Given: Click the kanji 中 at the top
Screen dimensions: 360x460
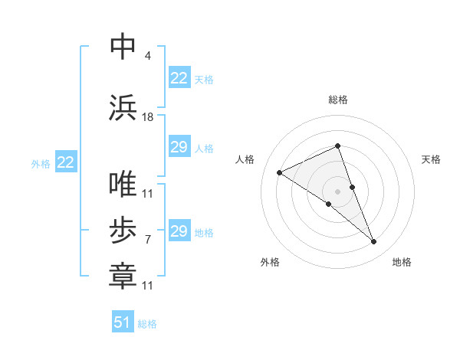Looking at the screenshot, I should (x=123, y=47).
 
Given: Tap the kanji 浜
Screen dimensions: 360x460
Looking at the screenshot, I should (x=123, y=107).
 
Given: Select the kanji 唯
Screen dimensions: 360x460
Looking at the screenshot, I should (x=123, y=185).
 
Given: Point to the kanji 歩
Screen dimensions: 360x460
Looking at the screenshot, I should (x=123, y=231).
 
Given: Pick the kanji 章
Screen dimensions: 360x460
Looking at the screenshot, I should (x=123, y=277).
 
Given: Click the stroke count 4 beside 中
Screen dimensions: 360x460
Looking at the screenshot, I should (x=147, y=56).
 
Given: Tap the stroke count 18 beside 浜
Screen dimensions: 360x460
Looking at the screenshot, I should (x=148, y=116).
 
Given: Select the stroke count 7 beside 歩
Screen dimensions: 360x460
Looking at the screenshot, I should (x=147, y=240).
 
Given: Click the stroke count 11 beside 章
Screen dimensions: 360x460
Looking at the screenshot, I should (x=148, y=286).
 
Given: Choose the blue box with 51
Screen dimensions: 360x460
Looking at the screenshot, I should (x=123, y=322).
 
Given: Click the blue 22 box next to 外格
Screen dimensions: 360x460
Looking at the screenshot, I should (x=65, y=162).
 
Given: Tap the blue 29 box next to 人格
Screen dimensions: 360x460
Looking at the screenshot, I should (x=179, y=147).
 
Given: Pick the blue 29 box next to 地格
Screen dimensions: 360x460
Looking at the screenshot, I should (x=179, y=231).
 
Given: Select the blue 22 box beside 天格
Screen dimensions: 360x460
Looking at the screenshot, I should (x=179, y=78).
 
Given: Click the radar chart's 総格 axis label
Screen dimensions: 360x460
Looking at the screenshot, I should (x=338, y=100).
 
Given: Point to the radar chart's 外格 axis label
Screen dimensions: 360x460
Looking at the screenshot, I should (x=270, y=262).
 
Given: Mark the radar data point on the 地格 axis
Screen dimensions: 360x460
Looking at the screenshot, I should (x=374, y=242).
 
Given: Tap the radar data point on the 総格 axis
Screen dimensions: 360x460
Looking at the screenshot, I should (x=338, y=146).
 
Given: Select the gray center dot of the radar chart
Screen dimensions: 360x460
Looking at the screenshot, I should (x=338, y=191).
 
